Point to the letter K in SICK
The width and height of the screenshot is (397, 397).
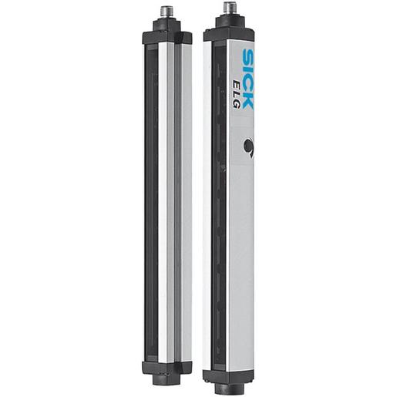[246, 101]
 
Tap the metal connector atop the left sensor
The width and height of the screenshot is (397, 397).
[167, 12]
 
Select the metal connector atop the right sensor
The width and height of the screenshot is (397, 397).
[229, 8]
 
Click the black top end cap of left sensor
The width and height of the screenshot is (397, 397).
[167, 35]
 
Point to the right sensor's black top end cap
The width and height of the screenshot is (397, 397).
[229, 32]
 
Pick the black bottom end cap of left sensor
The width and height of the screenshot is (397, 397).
[166, 368]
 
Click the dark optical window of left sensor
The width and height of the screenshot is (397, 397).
[152, 200]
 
